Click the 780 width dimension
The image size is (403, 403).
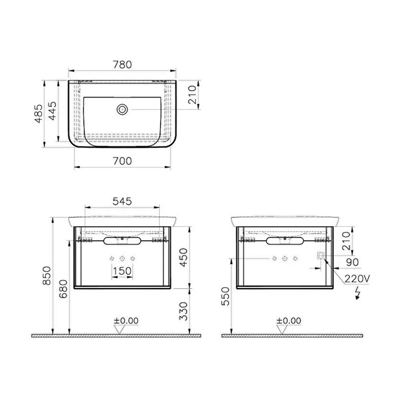[x=122, y=65]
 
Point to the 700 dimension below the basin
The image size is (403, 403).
[x=122, y=161]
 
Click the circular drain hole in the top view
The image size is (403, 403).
[x=122, y=109]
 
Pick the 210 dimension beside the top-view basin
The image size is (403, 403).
[x=192, y=95]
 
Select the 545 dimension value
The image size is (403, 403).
[x=122, y=201]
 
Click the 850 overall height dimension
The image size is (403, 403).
[x=47, y=275]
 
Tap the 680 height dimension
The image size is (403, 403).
[x=63, y=289]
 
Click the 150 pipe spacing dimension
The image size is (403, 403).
[x=122, y=271]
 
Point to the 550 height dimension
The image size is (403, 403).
[x=226, y=296]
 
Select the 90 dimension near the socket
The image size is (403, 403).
[x=352, y=262]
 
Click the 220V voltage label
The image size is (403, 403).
[x=357, y=279]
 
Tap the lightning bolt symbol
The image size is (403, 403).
[x=357, y=293]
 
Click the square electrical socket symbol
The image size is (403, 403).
[x=321, y=256]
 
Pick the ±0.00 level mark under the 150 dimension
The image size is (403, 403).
[x=126, y=321]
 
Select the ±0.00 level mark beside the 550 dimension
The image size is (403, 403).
[x=288, y=321]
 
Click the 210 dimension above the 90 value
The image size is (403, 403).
[x=346, y=241]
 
